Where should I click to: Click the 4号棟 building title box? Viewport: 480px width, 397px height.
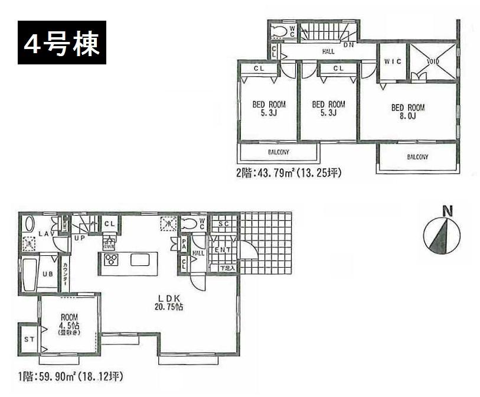[x=62, y=42]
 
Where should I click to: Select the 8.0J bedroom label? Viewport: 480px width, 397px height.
[x=408, y=112]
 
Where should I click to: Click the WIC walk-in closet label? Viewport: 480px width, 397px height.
[x=393, y=61]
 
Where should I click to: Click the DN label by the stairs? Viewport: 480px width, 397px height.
[x=348, y=44]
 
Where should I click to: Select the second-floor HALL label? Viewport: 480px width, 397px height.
[x=328, y=52]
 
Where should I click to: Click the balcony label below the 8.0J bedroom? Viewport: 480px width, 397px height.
[x=417, y=157]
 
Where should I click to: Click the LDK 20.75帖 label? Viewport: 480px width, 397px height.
[x=165, y=302]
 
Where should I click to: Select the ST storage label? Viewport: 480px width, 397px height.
[x=28, y=339]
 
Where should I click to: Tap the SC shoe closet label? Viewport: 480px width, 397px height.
[x=224, y=223]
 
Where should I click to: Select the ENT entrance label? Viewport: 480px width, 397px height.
[x=223, y=250]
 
